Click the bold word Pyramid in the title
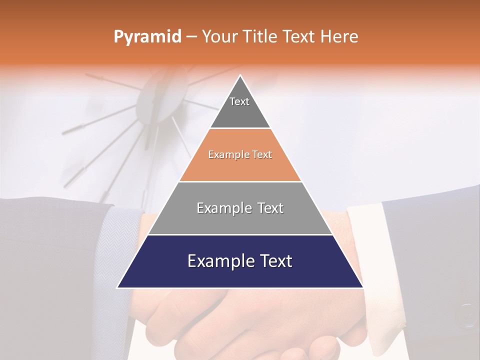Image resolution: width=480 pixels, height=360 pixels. pos(147,37)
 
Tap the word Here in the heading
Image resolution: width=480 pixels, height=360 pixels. pos(339,37)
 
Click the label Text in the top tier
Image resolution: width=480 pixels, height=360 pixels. pos(239,101)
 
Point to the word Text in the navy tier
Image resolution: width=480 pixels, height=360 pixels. pos(274,261)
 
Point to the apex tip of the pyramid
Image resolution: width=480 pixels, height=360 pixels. pos(240,76)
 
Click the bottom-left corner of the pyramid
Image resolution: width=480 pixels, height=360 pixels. pos(118,287)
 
